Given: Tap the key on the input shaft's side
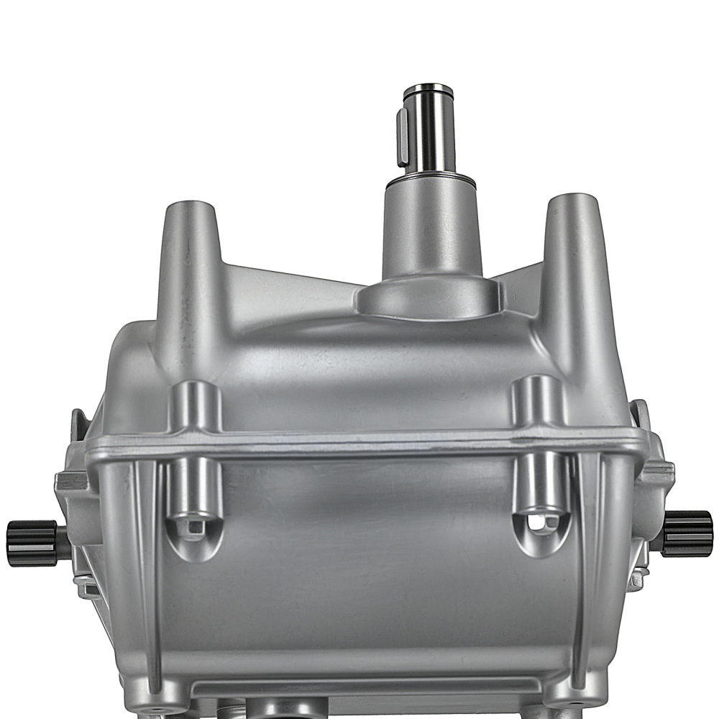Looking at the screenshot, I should point(403,137).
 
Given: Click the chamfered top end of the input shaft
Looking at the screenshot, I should point(428,91).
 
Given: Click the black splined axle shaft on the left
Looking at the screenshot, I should point(32,543).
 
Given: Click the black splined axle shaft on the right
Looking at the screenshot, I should point(687,533).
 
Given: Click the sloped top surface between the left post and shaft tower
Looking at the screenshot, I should point(288,288).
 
